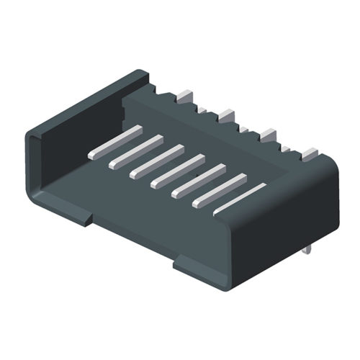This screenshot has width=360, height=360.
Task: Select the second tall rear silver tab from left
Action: [227, 114]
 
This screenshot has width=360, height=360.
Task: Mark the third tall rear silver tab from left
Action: [268, 133]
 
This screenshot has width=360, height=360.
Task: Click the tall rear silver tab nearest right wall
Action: [310, 153]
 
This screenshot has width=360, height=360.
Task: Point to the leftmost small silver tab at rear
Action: [203, 109]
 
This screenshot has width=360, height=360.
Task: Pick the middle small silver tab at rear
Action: [244, 129]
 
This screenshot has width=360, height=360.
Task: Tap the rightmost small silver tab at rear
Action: [286, 149]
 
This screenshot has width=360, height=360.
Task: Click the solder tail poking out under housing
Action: [309, 249]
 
